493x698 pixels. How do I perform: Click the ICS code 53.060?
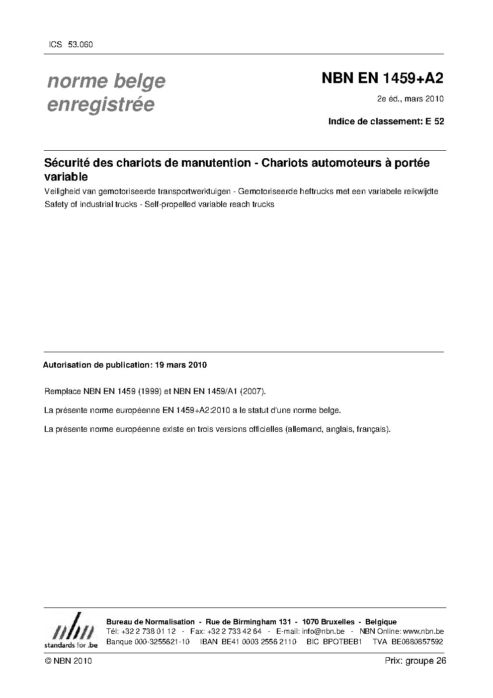(x=80, y=45)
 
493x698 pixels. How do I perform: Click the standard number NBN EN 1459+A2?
(x=382, y=79)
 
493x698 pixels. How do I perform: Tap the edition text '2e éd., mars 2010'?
(x=410, y=99)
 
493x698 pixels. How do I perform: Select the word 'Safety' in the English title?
(x=56, y=204)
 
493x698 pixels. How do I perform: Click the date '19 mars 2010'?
(x=181, y=365)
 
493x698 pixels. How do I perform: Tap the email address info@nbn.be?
(x=323, y=631)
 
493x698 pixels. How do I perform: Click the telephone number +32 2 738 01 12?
(x=148, y=631)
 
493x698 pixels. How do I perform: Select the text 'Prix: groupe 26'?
(x=415, y=661)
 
